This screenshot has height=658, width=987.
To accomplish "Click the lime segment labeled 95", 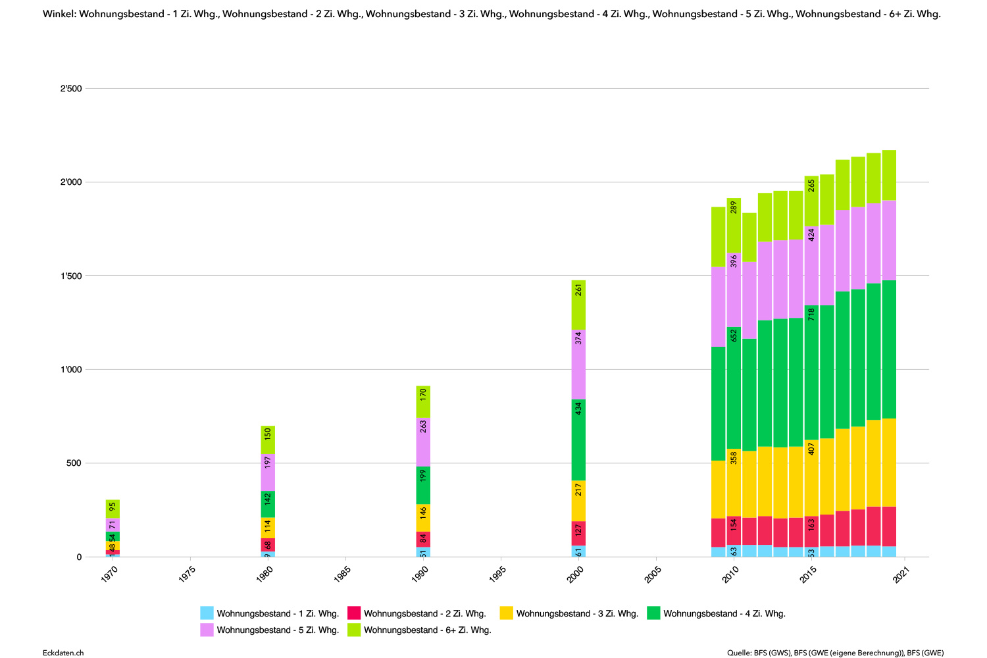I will click(113, 509).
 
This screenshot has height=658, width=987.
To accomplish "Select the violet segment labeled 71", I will click(113, 524).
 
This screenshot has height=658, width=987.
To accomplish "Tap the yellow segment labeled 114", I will click(268, 528).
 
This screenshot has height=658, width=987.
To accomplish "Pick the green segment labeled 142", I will click(268, 504).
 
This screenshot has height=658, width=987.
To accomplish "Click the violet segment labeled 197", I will click(268, 472).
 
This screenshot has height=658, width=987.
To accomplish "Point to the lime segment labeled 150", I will click(268, 440).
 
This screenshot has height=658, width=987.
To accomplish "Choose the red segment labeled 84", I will click(423, 539).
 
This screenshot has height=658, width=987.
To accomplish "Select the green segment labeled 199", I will click(423, 485).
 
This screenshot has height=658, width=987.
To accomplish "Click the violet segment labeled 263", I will click(423, 442).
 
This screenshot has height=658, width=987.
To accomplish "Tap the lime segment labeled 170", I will click(423, 402).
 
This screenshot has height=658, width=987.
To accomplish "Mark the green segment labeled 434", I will click(578, 440).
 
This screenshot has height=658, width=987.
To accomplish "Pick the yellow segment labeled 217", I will click(578, 501).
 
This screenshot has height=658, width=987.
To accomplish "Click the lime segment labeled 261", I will click(578, 305).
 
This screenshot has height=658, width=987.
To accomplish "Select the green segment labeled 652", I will click(734, 388).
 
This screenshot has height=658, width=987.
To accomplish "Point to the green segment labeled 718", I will click(811, 372).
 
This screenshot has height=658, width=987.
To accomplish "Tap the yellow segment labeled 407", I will click(811, 478).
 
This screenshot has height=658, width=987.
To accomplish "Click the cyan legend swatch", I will click(207, 613).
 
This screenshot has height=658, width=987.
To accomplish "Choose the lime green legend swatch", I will click(354, 630).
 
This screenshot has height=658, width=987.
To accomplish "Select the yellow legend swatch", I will click(506, 613).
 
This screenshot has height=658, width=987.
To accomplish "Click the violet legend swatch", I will click(207, 630).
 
